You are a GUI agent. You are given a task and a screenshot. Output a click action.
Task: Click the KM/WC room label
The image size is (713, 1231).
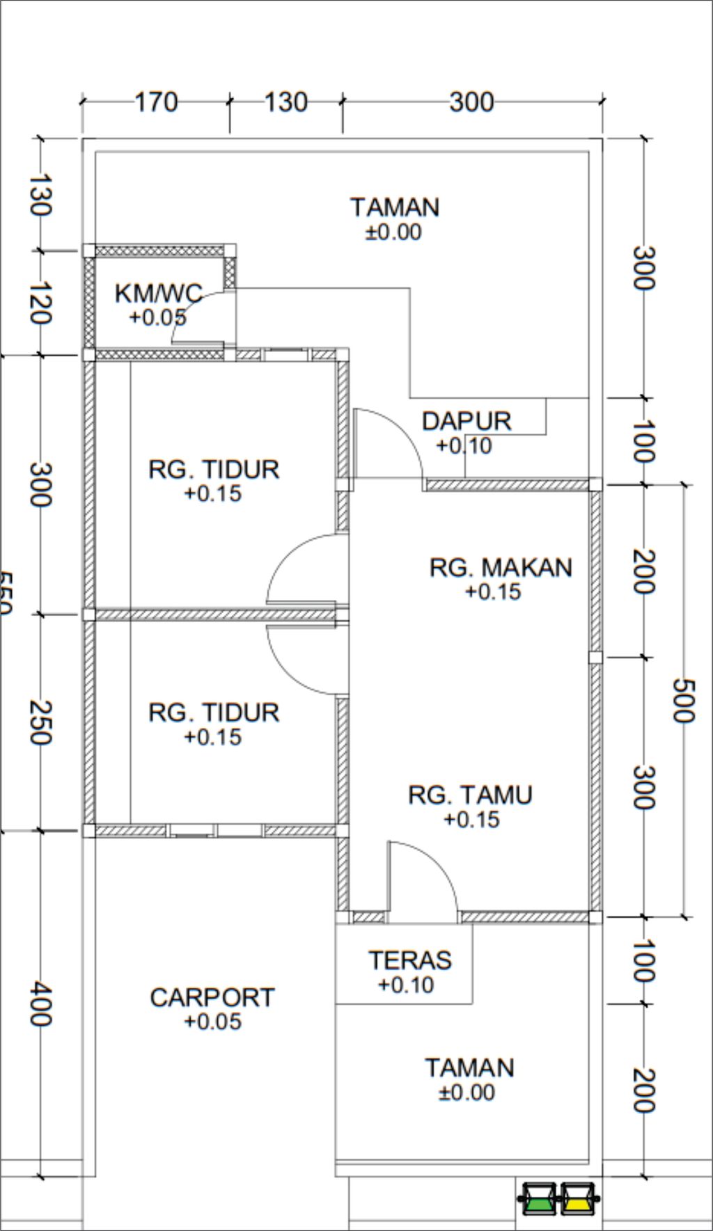tap(159, 293)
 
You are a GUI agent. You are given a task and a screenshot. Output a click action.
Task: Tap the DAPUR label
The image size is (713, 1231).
tap(467, 421)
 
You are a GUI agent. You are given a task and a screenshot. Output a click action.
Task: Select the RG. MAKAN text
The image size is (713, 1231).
tap(501, 567)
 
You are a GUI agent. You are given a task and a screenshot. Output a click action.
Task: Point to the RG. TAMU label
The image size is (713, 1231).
tap(470, 795)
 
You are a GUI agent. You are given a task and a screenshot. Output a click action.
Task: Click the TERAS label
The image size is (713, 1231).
tap(410, 960)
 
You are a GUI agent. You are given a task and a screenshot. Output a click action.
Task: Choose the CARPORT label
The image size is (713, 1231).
tap(212, 997)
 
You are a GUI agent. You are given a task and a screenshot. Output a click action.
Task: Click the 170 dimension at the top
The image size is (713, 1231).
tap(155, 102)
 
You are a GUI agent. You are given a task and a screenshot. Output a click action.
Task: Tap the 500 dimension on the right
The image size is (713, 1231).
tap(683, 701)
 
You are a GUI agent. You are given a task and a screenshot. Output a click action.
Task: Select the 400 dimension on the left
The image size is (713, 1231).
tap(40, 1004)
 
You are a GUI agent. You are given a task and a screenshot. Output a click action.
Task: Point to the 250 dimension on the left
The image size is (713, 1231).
tap(40, 722)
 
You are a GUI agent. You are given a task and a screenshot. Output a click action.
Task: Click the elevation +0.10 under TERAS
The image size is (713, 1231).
tap(406, 985)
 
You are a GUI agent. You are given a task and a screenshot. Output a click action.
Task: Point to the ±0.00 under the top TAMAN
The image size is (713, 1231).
tap(393, 232)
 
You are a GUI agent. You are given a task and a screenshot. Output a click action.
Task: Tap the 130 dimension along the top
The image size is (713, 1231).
tap(285, 102)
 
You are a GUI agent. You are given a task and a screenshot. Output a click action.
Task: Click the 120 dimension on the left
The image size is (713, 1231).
tap(40, 303)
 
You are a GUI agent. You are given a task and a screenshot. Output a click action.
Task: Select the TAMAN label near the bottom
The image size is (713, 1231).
tap(469, 1067)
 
